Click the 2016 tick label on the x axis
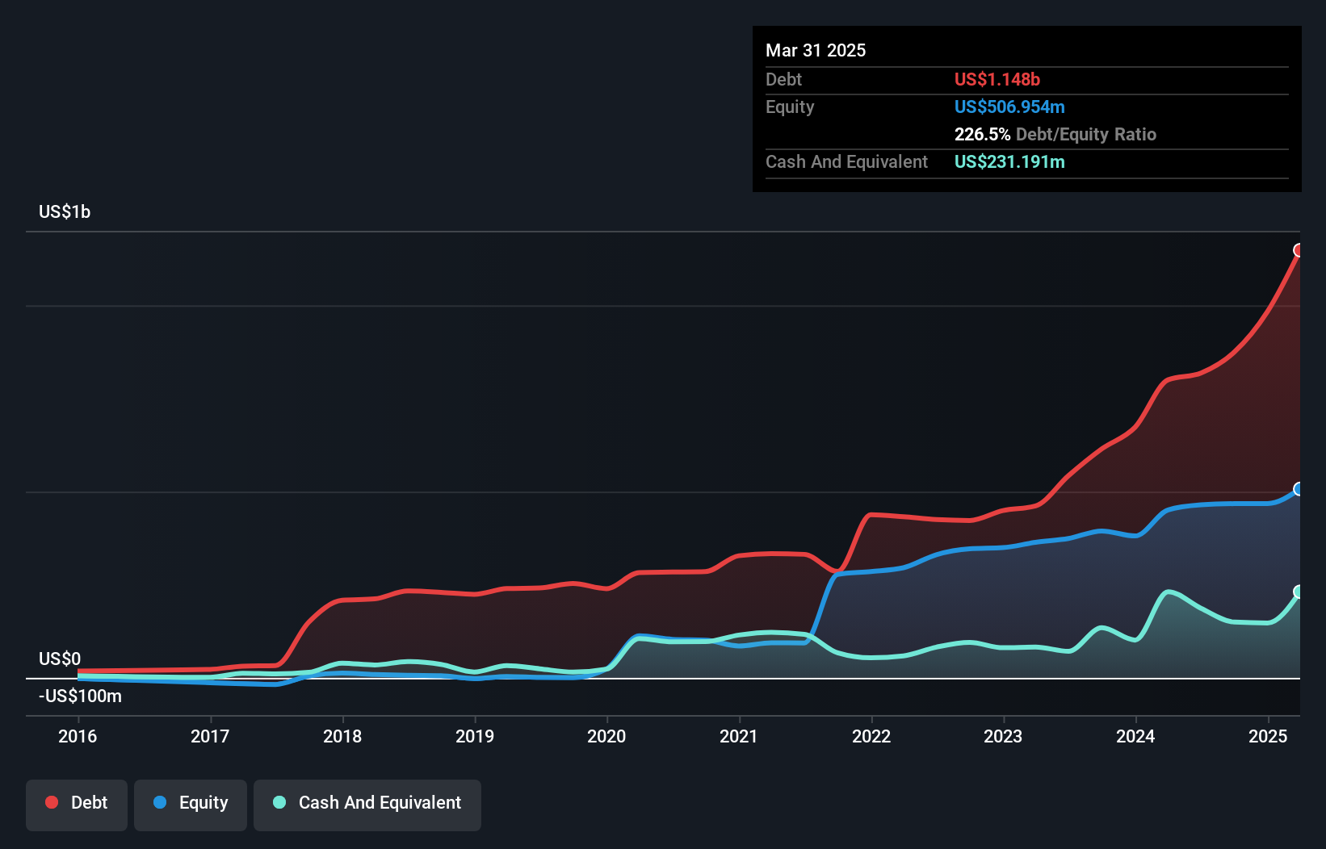[78, 736]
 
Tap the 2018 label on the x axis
[342, 736]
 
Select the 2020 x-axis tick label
[606, 736]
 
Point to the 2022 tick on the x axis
[871, 736]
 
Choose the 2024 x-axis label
[1135, 736]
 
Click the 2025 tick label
[1268, 736]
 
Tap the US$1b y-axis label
[65, 212]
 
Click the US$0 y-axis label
[60, 659]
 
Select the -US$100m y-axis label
[80, 696]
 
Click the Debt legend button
[77, 803]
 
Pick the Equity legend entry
[191, 803]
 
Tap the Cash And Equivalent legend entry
[367, 803]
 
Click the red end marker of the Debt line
[1299, 250]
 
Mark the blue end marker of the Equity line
[1299, 489]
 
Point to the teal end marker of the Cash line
[1299, 592]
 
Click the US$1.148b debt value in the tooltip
[997, 79]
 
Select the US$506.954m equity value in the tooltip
[1009, 107]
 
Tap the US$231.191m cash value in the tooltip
[1009, 161]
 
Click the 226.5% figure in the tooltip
[982, 134]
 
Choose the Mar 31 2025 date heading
[816, 50]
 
